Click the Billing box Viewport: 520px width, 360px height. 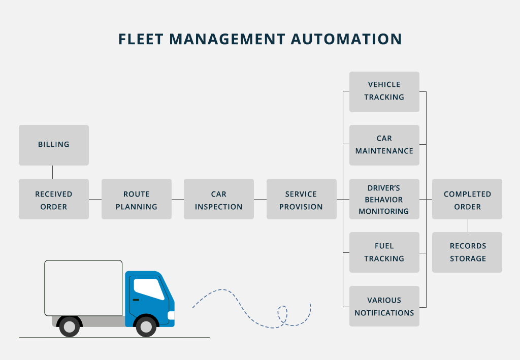click(54, 145)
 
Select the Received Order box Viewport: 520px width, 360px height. click(54, 199)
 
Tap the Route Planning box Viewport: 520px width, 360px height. click(136, 199)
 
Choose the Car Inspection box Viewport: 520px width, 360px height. click(218, 199)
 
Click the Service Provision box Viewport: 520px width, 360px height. click(301, 199)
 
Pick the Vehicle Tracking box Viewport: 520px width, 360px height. click(384, 91)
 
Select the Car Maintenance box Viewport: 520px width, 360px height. click(384, 145)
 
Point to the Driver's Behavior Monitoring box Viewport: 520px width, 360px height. click(384, 199)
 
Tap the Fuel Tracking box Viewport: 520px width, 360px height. click(384, 252)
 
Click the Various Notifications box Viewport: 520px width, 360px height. click(384, 306)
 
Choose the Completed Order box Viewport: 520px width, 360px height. click(467, 199)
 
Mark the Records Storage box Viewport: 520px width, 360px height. click(467, 252)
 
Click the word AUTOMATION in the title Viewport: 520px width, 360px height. click(347, 39)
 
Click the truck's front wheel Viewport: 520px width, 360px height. click(146, 326)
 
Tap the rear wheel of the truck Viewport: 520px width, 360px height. click(70, 326)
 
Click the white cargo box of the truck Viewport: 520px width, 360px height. click(83, 288)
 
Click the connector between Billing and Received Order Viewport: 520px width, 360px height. click(53, 172)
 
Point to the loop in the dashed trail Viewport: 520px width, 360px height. click(282, 314)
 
